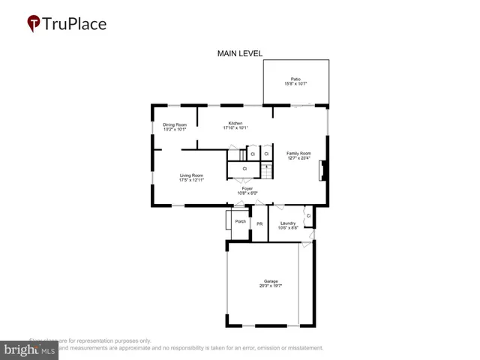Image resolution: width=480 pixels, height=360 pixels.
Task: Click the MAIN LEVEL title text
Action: tap(240, 53)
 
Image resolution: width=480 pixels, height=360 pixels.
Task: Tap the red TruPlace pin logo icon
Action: tap(34, 24)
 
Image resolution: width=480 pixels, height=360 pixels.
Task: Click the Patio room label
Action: tap(295, 79)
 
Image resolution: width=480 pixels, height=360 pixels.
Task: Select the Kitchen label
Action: tap(235, 123)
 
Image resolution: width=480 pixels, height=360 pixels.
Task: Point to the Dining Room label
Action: tap(175, 124)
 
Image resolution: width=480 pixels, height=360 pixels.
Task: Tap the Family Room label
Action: tap(298, 153)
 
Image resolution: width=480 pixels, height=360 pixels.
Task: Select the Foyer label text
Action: tap(247, 188)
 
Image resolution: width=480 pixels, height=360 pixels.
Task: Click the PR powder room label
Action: tap(259, 223)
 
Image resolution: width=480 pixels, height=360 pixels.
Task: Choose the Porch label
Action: tap(241, 221)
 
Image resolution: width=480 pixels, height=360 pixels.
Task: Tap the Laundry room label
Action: tap(286, 223)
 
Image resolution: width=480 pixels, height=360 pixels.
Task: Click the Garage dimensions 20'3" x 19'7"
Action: tap(270, 286)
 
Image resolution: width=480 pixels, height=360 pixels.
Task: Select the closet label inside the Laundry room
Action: tap(308, 216)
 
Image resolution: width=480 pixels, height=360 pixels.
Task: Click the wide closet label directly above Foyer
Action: tap(244, 169)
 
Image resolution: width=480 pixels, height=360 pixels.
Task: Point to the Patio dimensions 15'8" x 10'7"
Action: tap(295, 83)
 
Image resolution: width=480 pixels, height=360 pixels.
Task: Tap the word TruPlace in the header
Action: tap(74, 24)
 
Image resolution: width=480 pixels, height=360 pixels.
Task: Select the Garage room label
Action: tap(270, 281)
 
